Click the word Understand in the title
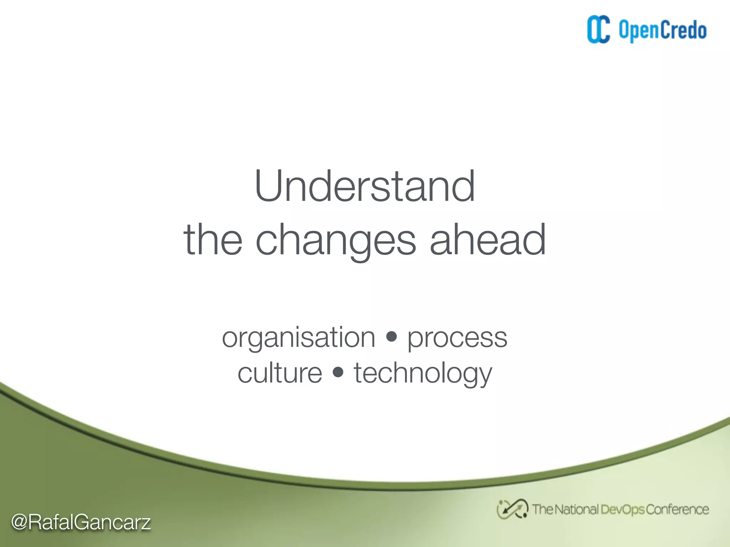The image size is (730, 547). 365,186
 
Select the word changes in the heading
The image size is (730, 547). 335,240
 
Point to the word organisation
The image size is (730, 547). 298,338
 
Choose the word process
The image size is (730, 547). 457,338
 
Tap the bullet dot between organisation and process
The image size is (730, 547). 391,337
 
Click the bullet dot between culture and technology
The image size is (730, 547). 338,372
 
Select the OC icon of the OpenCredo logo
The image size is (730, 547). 598,30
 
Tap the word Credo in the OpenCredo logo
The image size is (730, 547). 684,30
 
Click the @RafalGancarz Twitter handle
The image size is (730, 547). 81,522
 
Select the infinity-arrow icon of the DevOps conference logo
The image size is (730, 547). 512,509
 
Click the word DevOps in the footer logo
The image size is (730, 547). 622,510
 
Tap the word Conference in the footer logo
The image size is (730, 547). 677,510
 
